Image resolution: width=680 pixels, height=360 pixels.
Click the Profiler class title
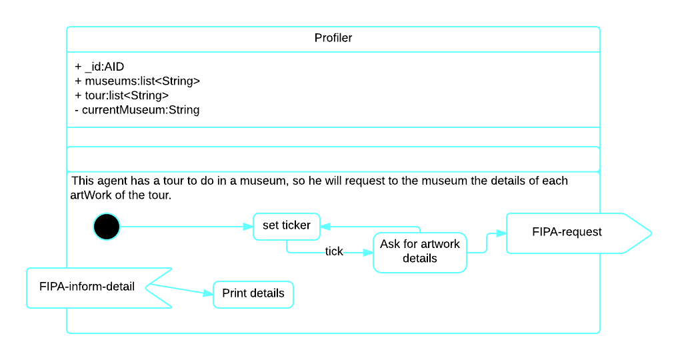[x=333, y=38]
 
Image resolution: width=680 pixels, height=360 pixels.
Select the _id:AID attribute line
[x=100, y=67]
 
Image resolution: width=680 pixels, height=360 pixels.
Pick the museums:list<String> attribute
[x=138, y=81]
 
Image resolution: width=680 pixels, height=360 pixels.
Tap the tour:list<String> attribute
[x=122, y=95]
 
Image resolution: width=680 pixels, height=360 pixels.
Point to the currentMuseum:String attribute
[x=137, y=109]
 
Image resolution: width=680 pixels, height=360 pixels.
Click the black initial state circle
[x=107, y=227]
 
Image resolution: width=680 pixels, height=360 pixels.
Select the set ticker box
[x=287, y=225]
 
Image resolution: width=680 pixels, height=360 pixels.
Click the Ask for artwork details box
[x=420, y=251]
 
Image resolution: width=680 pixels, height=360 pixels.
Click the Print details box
[x=253, y=293]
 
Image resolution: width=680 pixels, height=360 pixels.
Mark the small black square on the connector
[x=334, y=253]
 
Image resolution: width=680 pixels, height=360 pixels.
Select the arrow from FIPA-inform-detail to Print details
[x=180, y=290]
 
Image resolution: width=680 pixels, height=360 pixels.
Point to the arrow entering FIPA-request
[x=497, y=234]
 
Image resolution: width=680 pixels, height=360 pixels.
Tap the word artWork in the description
[x=91, y=195]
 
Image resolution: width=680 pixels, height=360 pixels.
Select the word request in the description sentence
[x=352, y=181]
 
